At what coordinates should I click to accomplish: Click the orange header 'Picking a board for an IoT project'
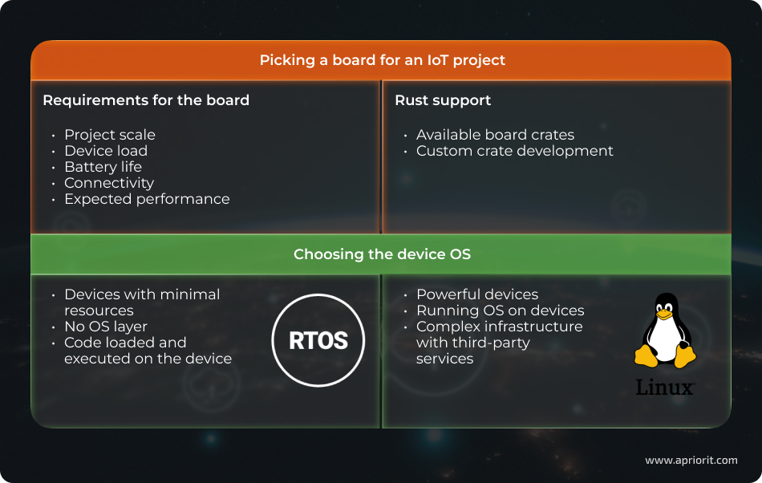[x=382, y=60]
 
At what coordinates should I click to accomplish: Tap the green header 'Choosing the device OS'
[x=382, y=254]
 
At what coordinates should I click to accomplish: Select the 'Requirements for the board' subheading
[x=146, y=100]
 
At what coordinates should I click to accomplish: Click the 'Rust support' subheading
[x=443, y=100]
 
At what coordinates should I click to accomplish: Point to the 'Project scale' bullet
[x=110, y=135]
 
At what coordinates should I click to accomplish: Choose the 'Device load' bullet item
[x=106, y=151]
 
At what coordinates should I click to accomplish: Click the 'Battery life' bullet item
[x=103, y=167]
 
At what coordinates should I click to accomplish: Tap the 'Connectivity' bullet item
[x=109, y=183]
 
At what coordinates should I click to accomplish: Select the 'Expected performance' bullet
[x=147, y=199]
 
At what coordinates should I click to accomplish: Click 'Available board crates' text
[x=495, y=135]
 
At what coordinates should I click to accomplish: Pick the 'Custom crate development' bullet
[x=514, y=151]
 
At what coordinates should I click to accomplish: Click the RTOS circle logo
[x=318, y=340]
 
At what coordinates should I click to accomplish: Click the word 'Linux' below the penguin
[x=664, y=387]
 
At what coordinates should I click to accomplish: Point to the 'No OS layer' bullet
[x=106, y=327]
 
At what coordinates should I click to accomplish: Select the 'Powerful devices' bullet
[x=477, y=294]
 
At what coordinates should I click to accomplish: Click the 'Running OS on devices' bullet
[x=500, y=310]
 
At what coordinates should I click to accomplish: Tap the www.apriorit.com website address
[x=691, y=461]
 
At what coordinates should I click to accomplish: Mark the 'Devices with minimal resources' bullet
[x=141, y=302]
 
